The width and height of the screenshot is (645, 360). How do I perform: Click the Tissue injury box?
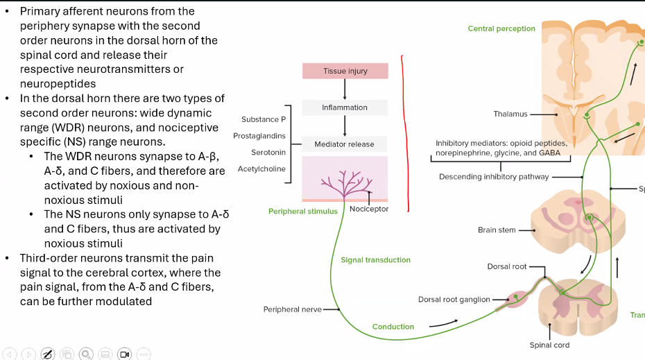tap(345, 71)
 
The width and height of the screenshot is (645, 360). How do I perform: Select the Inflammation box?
tap(345, 108)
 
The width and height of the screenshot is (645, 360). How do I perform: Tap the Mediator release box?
tap(345, 144)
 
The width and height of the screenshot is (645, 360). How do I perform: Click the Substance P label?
tap(264, 120)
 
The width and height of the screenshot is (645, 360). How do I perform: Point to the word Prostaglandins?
tap(259, 136)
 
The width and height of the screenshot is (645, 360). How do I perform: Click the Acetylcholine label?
tap(261, 169)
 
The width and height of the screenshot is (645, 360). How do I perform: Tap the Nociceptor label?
tap(369, 209)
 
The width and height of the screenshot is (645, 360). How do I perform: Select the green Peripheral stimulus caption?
tap(303, 211)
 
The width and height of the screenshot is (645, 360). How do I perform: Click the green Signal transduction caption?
tap(375, 260)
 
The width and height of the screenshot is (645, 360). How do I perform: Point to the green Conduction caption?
tap(393, 327)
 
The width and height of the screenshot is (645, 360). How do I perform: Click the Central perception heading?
tap(501, 28)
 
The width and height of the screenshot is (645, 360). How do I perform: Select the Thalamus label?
tap(510, 114)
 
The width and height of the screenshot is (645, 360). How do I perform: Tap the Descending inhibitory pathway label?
tap(494, 177)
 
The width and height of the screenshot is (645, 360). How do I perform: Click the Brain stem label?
tap(497, 230)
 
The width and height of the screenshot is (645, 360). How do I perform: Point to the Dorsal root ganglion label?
tap(454, 300)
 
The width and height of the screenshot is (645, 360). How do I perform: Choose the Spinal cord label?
tap(550, 345)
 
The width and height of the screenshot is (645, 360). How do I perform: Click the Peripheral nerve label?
tap(292, 309)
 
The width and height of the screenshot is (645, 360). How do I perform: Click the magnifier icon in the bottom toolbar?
tap(86, 354)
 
